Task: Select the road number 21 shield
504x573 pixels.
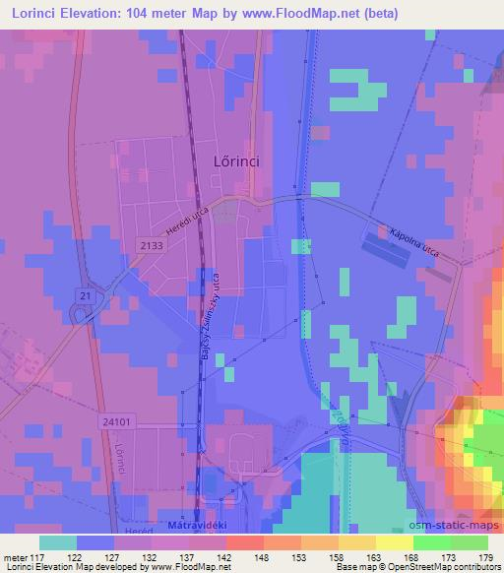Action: click(x=86, y=295)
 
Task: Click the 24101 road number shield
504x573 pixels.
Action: click(x=116, y=419)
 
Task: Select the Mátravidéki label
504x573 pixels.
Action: click(x=195, y=523)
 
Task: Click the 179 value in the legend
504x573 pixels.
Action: click(x=484, y=557)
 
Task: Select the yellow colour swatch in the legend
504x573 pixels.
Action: click(x=394, y=542)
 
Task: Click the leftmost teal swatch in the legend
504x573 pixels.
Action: click(x=58, y=542)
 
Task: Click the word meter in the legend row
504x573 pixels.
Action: click(x=15, y=557)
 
